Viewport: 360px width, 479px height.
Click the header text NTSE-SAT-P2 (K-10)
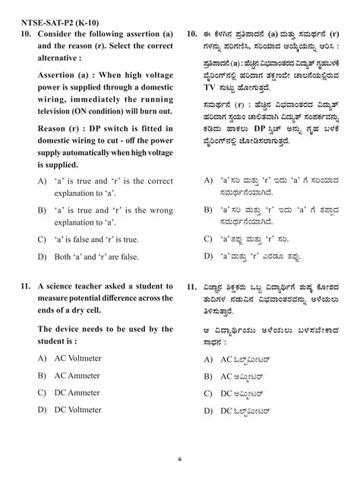point(52,21)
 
